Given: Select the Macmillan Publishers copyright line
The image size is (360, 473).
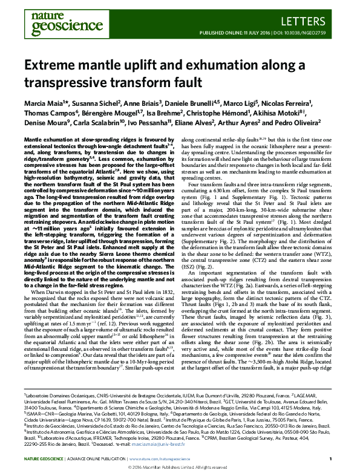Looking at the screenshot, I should coord(180,466).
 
